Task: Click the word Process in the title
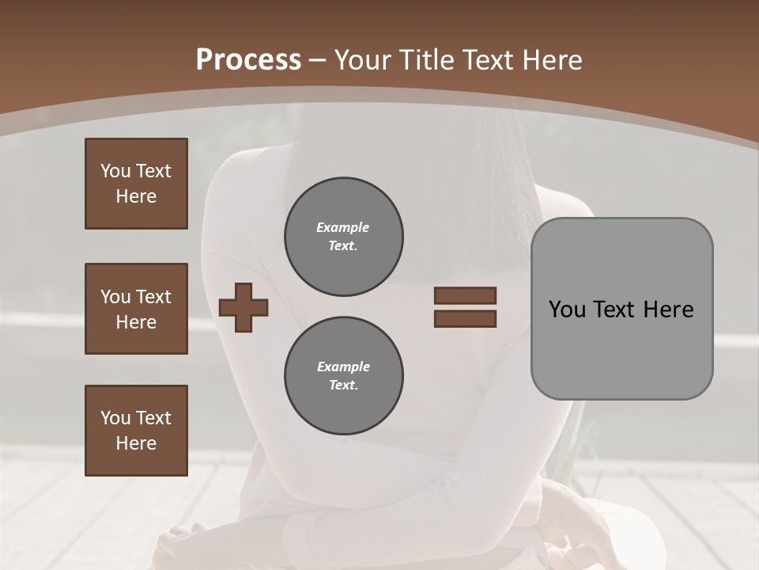[248, 60]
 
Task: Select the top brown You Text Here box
[136, 184]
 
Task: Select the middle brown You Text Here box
[136, 309]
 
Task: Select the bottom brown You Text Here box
[136, 431]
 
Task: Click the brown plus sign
[244, 307]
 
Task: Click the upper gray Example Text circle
[343, 237]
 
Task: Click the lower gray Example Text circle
[343, 376]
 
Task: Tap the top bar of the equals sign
[465, 296]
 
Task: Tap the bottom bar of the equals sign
[465, 319]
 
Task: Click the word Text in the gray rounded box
[613, 310]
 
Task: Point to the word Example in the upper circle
[343, 227]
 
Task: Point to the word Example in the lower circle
[343, 367]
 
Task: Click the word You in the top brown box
[115, 171]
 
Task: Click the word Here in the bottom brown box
[136, 443]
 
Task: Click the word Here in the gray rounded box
[668, 310]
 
